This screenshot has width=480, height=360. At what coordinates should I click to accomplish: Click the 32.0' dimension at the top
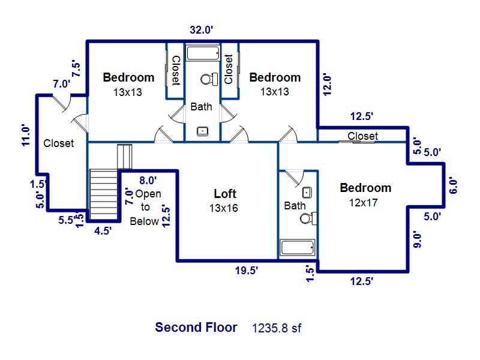tap(201, 30)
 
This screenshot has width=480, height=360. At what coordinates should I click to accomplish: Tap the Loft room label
tap(225, 193)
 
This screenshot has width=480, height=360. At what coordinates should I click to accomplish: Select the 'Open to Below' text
tap(146, 207)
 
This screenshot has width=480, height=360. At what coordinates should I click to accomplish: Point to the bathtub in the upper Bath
tap(203, 53)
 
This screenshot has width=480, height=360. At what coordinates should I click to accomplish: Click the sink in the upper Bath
tap(202, 131)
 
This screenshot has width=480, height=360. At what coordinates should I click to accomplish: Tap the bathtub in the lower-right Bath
tap(298, 247)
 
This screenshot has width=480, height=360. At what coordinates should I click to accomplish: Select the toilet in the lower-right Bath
tap(308, 218)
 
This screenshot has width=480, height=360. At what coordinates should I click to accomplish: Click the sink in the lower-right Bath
tap(307, 193)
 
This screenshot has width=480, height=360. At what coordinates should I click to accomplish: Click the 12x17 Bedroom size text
tap(364, 203)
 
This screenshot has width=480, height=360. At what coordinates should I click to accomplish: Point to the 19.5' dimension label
tap(247, 271)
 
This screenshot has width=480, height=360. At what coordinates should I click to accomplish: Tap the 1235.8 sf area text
tap(277, 328)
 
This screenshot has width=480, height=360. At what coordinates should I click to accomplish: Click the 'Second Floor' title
tap(196, 327)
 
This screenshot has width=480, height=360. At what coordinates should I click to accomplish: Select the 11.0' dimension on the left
tap(26, 135)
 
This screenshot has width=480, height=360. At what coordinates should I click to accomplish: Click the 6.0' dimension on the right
tap(453, 185)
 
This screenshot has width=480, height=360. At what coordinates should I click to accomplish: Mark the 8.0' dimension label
tap(148, 181)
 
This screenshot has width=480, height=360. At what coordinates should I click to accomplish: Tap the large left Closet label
tap(58, 143)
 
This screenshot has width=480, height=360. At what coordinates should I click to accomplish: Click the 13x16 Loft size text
tap(224, 208)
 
